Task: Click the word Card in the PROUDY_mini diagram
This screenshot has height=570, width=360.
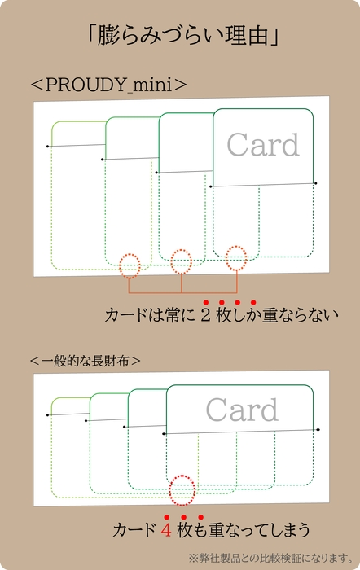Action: coord(262,145)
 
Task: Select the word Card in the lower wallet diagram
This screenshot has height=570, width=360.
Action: coord(241,410)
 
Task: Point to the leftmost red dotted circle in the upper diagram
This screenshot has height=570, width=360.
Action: coord(130,265)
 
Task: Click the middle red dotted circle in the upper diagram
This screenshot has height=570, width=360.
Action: coord(182,261)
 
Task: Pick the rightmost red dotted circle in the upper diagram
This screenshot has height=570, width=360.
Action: coord(235,257)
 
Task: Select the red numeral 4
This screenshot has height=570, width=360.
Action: coord(165,532)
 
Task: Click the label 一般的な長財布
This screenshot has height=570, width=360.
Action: coord(85,359)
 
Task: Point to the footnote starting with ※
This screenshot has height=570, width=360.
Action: coord(269,558)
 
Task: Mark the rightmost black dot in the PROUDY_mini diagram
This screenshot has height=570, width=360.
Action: coord(315,184)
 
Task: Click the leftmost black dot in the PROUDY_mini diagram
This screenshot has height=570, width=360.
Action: coord(48,146)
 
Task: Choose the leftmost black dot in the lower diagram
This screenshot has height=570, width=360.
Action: coord(48,415)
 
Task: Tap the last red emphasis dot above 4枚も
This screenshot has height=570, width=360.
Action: coord(201,517)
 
